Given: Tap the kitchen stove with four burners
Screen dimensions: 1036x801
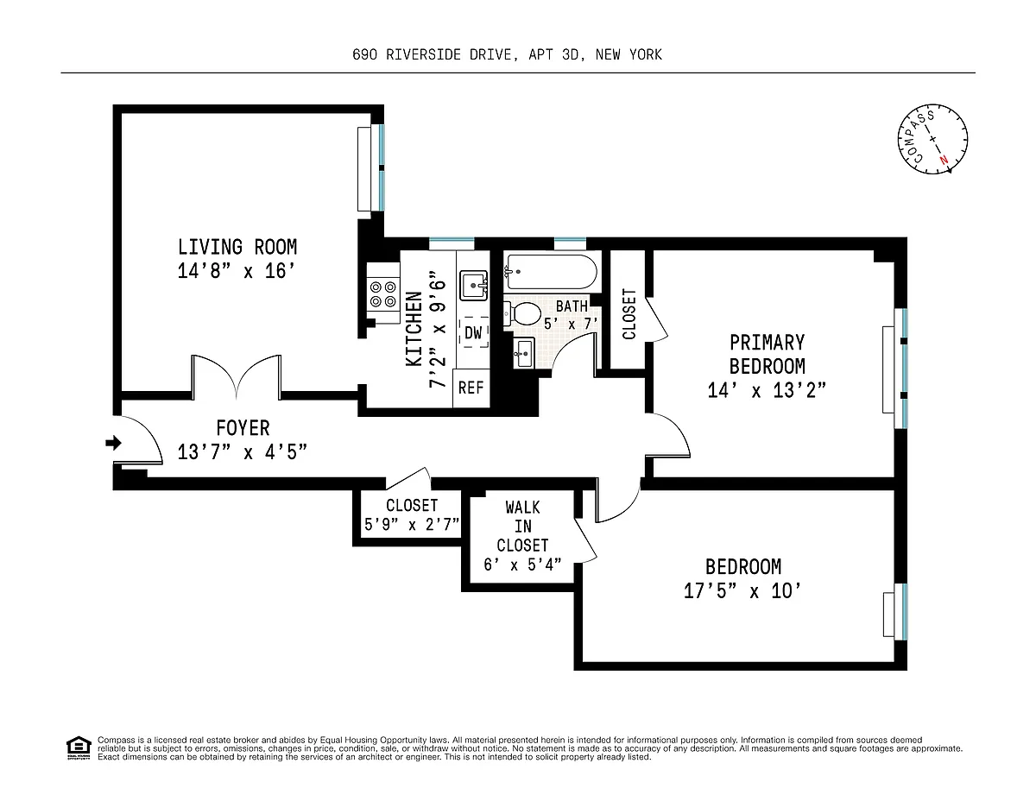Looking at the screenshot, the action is click(x=382, y=293).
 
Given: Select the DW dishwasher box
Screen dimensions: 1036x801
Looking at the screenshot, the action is click(x=473, y=332).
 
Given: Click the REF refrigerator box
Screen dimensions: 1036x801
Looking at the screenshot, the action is click(x=471, y=388).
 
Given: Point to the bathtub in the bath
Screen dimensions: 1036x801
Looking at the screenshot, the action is click(x=551, y=272).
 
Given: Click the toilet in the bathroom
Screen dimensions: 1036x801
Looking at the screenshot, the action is click(x=522, y=313).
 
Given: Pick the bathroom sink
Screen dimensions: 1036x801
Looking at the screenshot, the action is click(x=523, y=353).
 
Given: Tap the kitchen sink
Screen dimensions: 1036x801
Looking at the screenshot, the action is click(x=473, y=286).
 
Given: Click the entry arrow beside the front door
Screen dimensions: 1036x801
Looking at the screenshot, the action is click(x=113, y=443).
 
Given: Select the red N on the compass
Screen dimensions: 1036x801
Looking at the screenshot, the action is click(x=943, y=160).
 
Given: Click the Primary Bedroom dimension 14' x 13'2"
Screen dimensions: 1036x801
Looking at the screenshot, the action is click(x=767, y=390).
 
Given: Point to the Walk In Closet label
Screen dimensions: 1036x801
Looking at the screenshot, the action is click(x=523, y=526).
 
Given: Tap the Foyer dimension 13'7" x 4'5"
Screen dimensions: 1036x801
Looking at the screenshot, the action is click(x=243, y=451).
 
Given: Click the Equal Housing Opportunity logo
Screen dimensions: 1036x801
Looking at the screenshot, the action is click(x=79, y=747).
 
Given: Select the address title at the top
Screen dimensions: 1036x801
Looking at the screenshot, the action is click(x=508, y=54).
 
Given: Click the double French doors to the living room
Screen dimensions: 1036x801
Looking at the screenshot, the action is click(x=237, y=376).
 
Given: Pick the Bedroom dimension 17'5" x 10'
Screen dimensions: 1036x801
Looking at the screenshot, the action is click(x=742, y=591).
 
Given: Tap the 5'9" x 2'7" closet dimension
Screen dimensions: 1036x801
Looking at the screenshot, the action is click(x=412, y=525).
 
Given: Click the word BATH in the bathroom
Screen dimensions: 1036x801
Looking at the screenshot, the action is click(x=572, y=306).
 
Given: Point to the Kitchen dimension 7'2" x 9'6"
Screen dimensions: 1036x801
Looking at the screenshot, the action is click(x=437, y=329).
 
